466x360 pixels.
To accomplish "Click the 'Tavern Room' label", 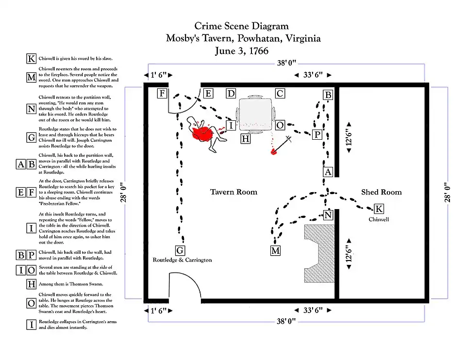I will tap(233, 192).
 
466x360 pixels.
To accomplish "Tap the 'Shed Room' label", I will tap(381, 192).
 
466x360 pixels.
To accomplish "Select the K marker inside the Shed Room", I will tap(379, 209).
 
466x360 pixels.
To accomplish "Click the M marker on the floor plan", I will tap(275, 250).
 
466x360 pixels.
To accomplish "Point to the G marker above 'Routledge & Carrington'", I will tap(180, 250).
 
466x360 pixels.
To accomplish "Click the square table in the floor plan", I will tap(255, 113).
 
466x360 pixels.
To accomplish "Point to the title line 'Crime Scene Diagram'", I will tap(241, 26).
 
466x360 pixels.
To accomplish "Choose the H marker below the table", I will tap(246, 139).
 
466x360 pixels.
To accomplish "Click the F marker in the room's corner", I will tap(163, 94).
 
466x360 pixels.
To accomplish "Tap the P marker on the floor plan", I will tap(317, 134).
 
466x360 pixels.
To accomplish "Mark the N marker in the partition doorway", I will tap(329, 215).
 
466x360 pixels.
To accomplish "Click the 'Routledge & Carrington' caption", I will tap(183, 260).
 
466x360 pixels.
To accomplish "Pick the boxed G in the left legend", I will tap(31, 138).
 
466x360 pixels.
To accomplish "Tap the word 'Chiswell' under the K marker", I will tap(379, 219).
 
